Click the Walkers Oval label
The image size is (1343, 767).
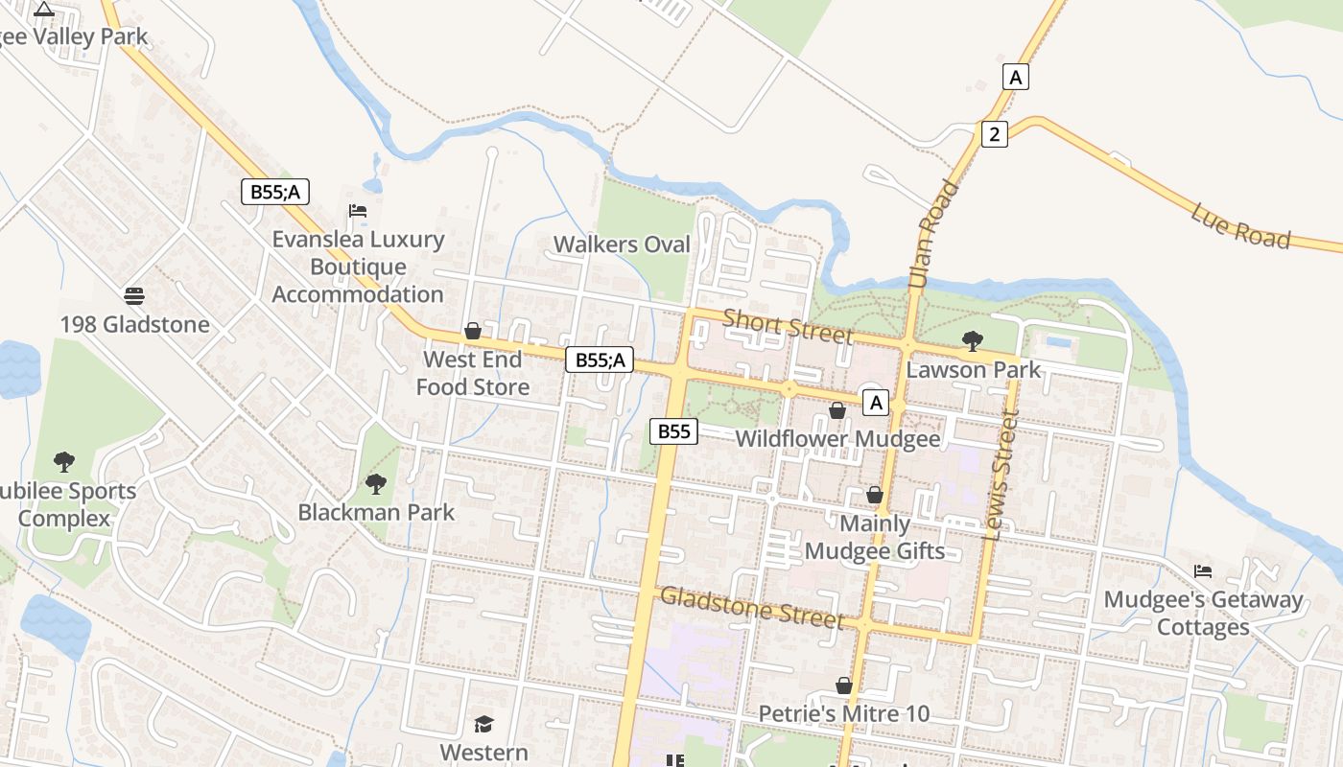pos(622,244)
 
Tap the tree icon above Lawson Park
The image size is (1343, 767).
pos(972,340)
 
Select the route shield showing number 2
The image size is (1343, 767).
pos(994,134)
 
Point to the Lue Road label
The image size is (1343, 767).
pos(1240,225)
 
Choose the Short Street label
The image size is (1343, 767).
pos(787,326)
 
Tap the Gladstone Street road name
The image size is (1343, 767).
pos(752,607)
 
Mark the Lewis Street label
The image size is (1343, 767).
pos(1000,475)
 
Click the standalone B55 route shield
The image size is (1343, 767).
pos(673,431)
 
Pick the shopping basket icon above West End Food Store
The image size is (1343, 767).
pos(473,332)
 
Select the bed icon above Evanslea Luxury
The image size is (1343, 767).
pos(358,211)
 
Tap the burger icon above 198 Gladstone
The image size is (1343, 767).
pos(134,296)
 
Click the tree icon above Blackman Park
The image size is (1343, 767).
pos(376,484)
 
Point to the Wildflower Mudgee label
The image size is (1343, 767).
pos(837,439)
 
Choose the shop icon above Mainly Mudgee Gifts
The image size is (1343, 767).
pos(875,496)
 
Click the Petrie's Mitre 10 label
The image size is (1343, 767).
pos(843,714)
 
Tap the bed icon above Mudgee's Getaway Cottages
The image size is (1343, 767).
pos(1203,572)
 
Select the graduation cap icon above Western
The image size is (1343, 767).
pos(483,724)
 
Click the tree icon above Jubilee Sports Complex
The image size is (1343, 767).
pos(64,462)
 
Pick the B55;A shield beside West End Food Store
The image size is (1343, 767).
pos(600,360)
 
